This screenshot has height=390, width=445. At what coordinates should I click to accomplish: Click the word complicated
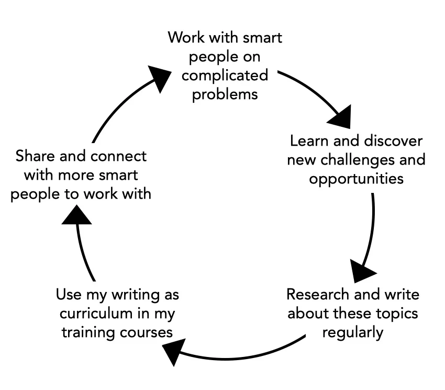click(x=225, y=75)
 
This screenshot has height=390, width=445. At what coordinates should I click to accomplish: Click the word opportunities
click(x=356, y=178)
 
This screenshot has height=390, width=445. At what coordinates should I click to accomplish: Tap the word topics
click(x=394, y=313)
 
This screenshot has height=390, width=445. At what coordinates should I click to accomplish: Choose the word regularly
click(x=353, y=332)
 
